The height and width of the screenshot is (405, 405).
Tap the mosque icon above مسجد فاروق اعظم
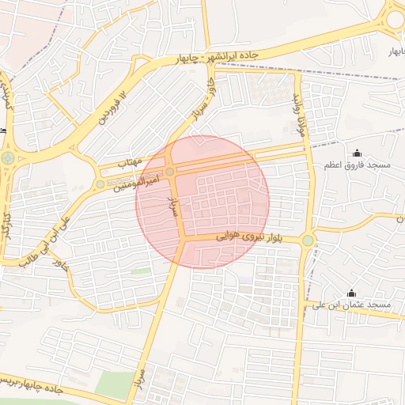(x=357, y=153)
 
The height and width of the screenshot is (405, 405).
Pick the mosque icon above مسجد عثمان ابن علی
(x=351, y=293)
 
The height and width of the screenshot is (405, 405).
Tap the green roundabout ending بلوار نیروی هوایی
(x=307, y=240)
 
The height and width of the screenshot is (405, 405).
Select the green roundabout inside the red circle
(x=170, y=172)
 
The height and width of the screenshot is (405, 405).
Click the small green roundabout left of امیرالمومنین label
(x=100, y=184)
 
